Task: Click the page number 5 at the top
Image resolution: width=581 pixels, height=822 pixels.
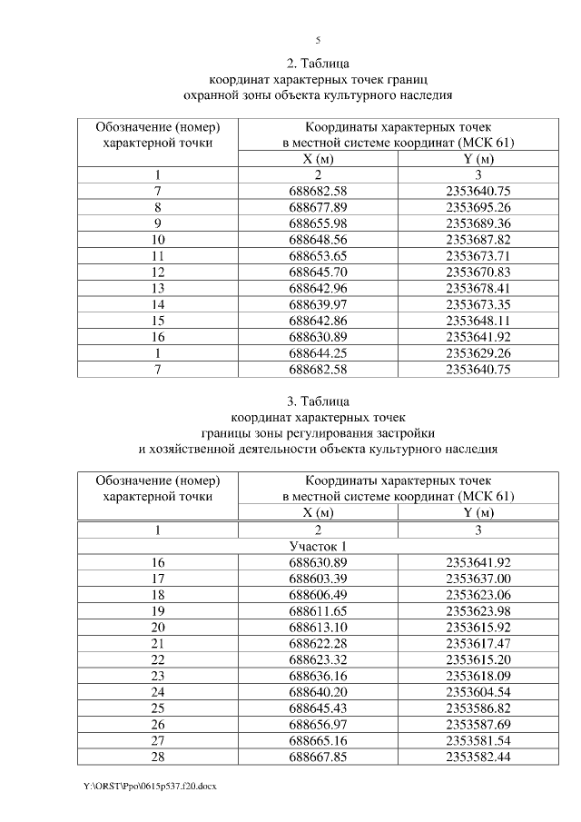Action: click(x=318, y=40)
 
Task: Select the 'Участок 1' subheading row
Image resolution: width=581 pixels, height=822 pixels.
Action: click(x=318, y=546)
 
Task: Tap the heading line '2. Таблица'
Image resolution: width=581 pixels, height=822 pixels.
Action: click(x=318, y=64)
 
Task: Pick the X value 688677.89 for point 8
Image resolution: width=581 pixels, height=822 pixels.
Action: click(x=318, y=206)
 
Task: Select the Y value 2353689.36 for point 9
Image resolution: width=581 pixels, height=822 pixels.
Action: click(x=478, y=223)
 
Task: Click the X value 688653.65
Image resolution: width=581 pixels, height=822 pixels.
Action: click(x=318, y=255)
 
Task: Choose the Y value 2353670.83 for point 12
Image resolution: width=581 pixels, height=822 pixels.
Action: click(x=478, y=272)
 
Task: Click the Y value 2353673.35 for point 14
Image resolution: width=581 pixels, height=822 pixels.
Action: click(x=478, y=304)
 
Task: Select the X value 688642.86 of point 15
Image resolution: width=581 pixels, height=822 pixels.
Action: click(x=318, y=321)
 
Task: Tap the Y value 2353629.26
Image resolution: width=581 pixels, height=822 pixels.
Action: click(x=478, y=353)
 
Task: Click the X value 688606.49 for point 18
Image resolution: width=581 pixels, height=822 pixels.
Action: click(x=318, y=595)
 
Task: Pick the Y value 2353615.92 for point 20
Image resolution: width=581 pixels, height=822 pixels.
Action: click(x=478, y=628)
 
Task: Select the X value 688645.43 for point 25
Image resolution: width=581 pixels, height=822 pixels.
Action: click(x=318, y=708)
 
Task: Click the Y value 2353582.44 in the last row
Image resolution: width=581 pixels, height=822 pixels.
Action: click(x=478, y=758)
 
